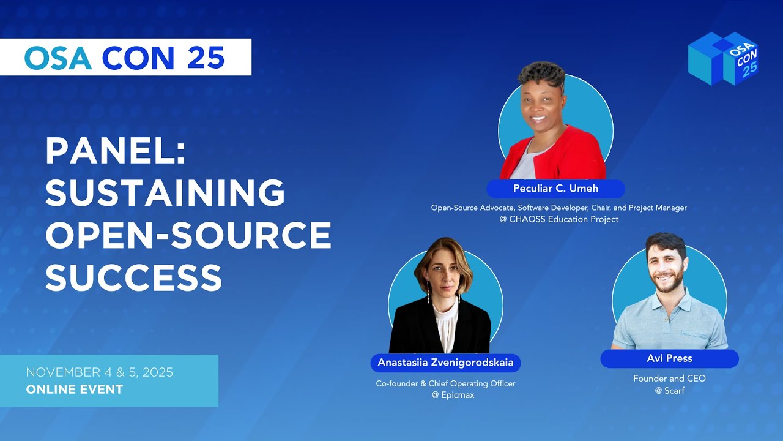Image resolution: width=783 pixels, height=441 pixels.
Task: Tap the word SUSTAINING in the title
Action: (165, 193)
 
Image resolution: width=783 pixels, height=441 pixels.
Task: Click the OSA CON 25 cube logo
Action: (722, 58)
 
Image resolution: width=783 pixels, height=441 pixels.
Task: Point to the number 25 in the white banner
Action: (206, 58)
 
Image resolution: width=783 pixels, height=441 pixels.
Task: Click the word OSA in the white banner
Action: (58, 58)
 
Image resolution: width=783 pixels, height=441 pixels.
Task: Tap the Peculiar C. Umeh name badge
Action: (555, 189)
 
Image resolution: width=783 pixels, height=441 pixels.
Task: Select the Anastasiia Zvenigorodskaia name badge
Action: (445, 363)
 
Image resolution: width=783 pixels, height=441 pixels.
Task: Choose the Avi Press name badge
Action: (669, 358)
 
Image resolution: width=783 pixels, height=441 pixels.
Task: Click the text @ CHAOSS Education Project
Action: (558, 219)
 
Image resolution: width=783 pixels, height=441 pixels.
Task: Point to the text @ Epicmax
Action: (445, 395)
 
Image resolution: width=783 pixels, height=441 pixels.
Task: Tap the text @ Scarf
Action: (669, 390)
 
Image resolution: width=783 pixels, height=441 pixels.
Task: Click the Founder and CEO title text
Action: (669, 379)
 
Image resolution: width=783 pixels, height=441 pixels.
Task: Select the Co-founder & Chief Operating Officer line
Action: (445, 383)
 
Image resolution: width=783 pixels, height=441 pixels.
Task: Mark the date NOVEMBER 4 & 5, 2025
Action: (99, 372)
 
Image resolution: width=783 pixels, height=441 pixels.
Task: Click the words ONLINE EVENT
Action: (74, 389)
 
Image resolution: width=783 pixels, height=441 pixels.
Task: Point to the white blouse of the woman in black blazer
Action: (445, 325)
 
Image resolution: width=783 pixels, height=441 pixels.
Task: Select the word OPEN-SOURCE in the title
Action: (188, 235)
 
